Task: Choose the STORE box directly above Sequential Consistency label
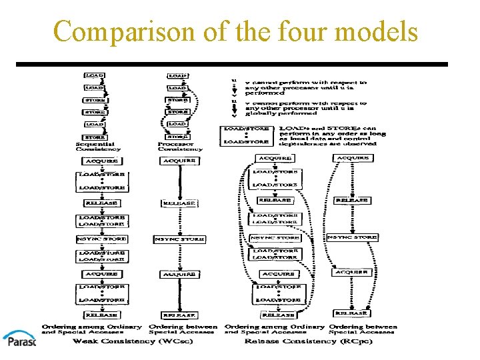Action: [95, 136]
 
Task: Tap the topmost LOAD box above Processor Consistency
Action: [177, 76]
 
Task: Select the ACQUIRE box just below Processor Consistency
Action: [180, 161]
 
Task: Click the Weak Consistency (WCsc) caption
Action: [114, 341]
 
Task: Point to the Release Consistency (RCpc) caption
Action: [300, 341]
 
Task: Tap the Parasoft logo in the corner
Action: [19, 340]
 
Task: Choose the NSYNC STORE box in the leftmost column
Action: [101, 238]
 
